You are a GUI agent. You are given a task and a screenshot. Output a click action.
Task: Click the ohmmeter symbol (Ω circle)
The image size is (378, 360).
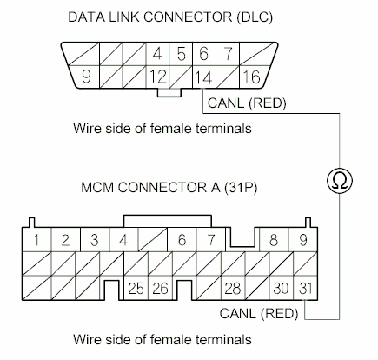coord(334,179)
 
